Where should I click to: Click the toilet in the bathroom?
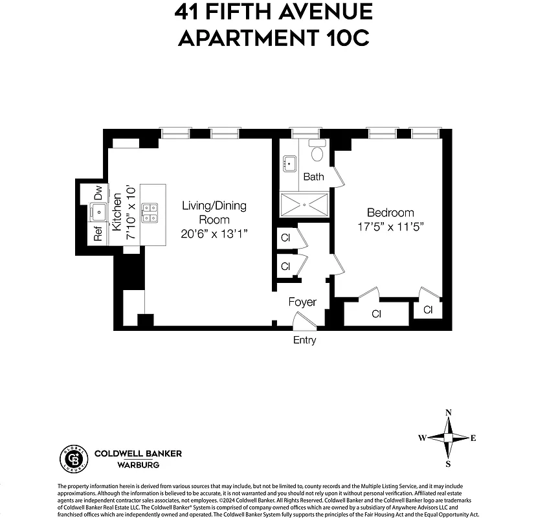click(317, 153)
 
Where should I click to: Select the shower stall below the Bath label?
click(304, 205)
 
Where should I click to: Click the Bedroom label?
click(390, 212)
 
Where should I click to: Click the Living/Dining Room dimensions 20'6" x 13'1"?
click(214, 234)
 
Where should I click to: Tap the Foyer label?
click(302, 302)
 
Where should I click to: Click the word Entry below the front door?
click(305, 340)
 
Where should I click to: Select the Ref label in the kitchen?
click(98, 234)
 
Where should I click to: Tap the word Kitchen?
click(117, 212)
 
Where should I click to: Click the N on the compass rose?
click(448, 412)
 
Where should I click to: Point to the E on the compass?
click(473, 438)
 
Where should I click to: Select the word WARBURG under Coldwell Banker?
click(120, 465)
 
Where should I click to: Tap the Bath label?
click(313, 177)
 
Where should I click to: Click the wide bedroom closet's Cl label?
click(376, 314)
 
